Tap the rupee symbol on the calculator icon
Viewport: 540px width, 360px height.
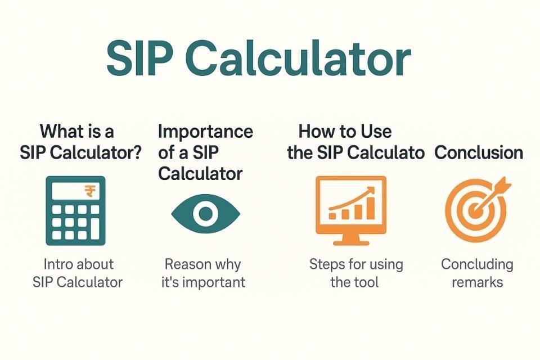point(90,191)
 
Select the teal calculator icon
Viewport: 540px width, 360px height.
point(75,210)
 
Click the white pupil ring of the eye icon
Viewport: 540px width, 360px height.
point(206,213)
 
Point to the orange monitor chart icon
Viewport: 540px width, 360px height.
point(351,210)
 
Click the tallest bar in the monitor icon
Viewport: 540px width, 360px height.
point(371,209)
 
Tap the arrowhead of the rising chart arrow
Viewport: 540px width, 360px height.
point(371,190)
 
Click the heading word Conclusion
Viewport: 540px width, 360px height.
point(479,152)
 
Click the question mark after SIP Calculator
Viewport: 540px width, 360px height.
point(137,152)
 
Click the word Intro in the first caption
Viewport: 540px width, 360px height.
point(55,264)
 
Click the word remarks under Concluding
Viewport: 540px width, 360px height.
point(478,282)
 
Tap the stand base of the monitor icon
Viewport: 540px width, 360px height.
point(351,242)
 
